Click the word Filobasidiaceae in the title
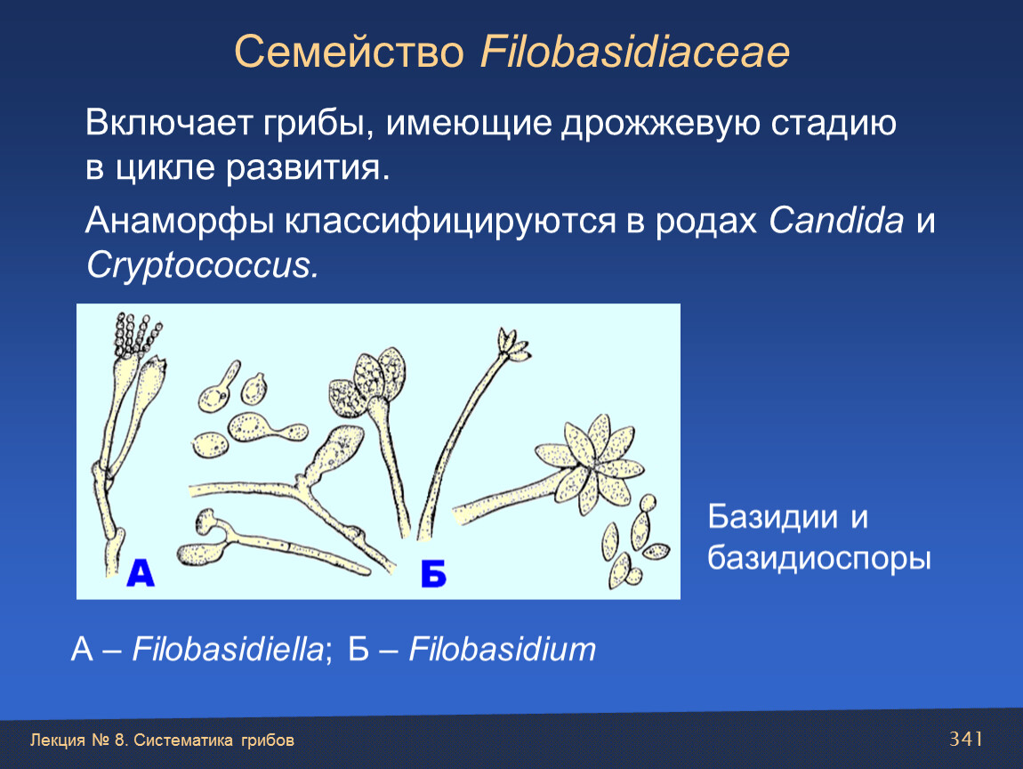[635, 52]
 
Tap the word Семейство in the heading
[349, 52]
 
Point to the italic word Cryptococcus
[203, 266]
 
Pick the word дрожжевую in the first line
[660, 124]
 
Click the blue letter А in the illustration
[141, 572]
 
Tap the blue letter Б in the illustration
[434, 574]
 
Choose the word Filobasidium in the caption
[503, 649]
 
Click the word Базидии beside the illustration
[772, 516]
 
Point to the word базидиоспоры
[819, 559]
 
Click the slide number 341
[966, 739]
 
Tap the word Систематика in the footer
[183, 741]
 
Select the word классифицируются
[450, 222]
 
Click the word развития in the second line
[307, 168]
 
